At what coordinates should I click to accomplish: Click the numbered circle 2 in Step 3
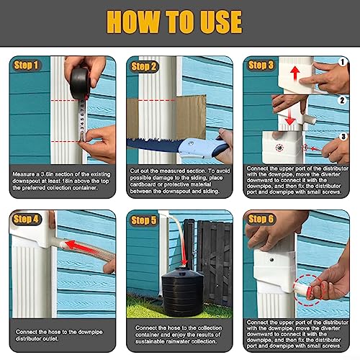[x=343, y=100]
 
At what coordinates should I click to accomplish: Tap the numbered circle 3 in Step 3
[x=343, y=136]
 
